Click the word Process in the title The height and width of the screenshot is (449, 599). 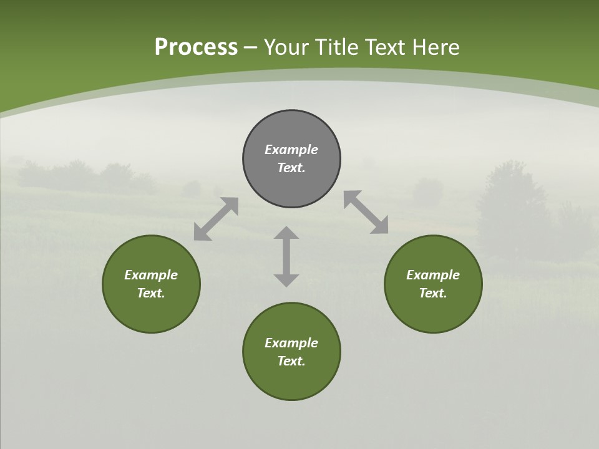(196, 47)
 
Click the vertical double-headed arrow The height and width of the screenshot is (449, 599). (286, 256)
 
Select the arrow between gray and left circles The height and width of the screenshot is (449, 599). (216, 219)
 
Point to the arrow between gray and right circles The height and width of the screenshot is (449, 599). (366, 212)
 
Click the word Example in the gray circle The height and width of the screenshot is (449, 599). (291, 150)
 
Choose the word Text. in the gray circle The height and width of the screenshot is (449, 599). (291, 168)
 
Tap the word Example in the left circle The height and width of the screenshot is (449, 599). (151, 275)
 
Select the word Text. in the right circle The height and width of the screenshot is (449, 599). (433, 293)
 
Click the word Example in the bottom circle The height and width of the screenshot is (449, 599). (291, 343)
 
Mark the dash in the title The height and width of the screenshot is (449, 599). (251, 47)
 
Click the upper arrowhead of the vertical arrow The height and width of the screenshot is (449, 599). (286, 233)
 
